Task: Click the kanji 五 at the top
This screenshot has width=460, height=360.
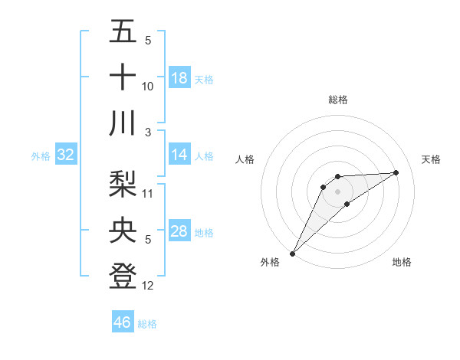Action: pos(123,32)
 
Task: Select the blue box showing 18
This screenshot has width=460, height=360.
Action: pos(179,78)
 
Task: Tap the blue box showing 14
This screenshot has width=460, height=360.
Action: pos(179,155)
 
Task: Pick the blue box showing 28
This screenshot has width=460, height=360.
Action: pos(179,231)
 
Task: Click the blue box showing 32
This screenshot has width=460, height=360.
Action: pos(66,155)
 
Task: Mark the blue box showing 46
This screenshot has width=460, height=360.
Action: pos(123,322)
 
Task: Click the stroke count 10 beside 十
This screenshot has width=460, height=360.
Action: pos(148,87)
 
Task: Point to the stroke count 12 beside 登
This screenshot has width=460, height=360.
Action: pos(148,285)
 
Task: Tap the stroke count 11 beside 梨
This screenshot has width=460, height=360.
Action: pos(148,195)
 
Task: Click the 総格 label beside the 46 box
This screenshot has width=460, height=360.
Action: pos(147,324)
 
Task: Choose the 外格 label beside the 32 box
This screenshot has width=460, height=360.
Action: pos(41,156)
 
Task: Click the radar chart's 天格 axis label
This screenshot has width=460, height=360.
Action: pos(432,159)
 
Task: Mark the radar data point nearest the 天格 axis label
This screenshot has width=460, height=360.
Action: pos(396,172)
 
